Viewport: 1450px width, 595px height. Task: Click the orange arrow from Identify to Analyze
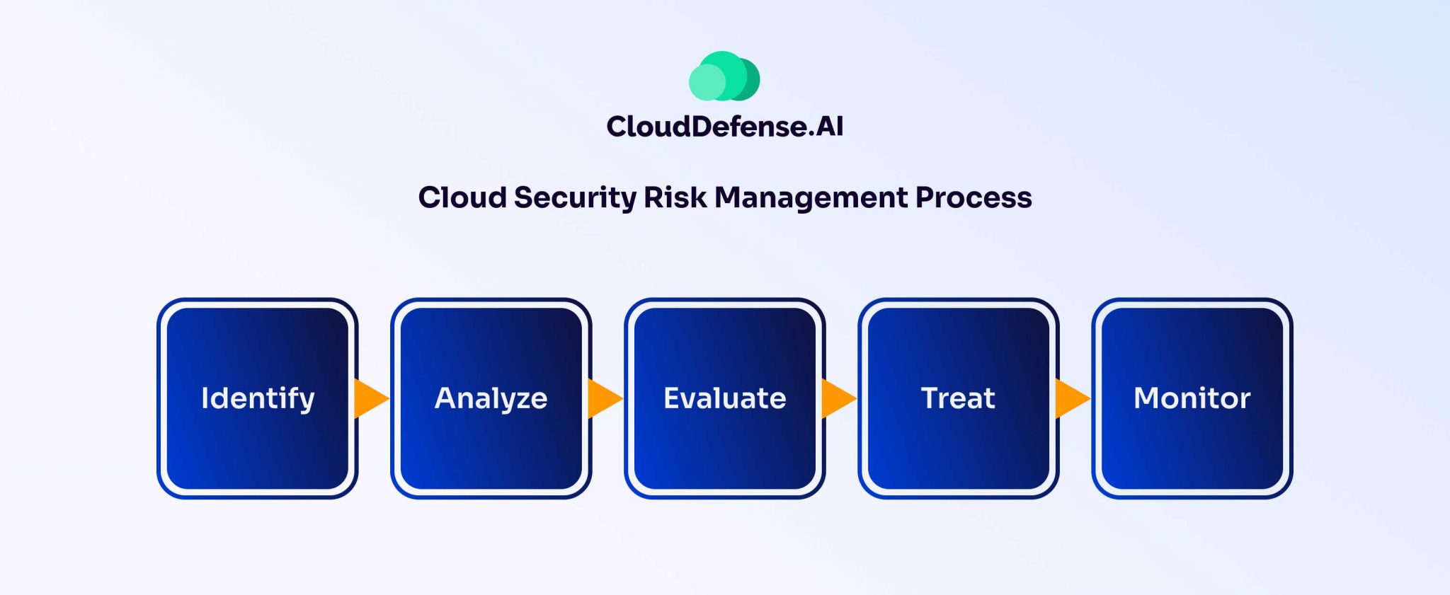pos(370,398)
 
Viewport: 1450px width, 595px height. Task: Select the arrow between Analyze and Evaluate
pos(603,398)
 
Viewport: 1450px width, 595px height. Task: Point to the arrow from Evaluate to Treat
pos(837,398)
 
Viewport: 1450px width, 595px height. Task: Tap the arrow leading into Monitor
pos(1071,398)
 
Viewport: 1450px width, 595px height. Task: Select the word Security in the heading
pos(575,197)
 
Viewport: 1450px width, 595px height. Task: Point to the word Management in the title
pos(811,197)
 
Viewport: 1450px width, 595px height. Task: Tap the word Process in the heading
pos(973,197)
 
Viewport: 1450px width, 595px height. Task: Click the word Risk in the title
pos(675,197)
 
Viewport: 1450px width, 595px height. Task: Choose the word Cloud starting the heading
pos(462,197)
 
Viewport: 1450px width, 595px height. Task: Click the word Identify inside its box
pos(258,398)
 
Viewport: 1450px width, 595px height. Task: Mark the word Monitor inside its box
pos(1192,398)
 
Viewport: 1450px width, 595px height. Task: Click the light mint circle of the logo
pos(707,82)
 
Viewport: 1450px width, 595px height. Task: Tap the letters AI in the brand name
pos(829,127)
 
